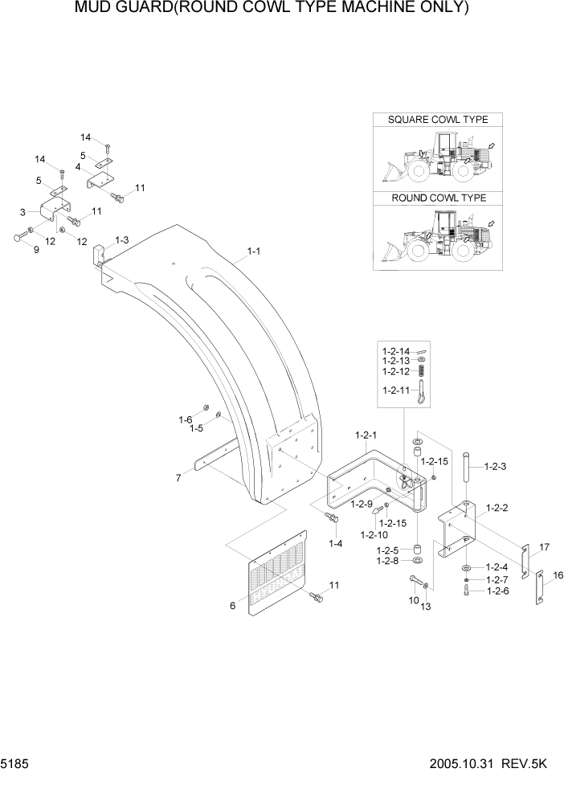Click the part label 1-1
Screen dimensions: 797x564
click(253, 251)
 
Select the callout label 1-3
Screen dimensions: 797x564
click(122, 240)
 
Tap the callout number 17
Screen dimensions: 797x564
click(544, 547)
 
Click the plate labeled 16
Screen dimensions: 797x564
click(539, 591)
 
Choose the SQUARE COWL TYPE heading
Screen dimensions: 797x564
click(438, 120)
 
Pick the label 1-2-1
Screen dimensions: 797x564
click(366, 435)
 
